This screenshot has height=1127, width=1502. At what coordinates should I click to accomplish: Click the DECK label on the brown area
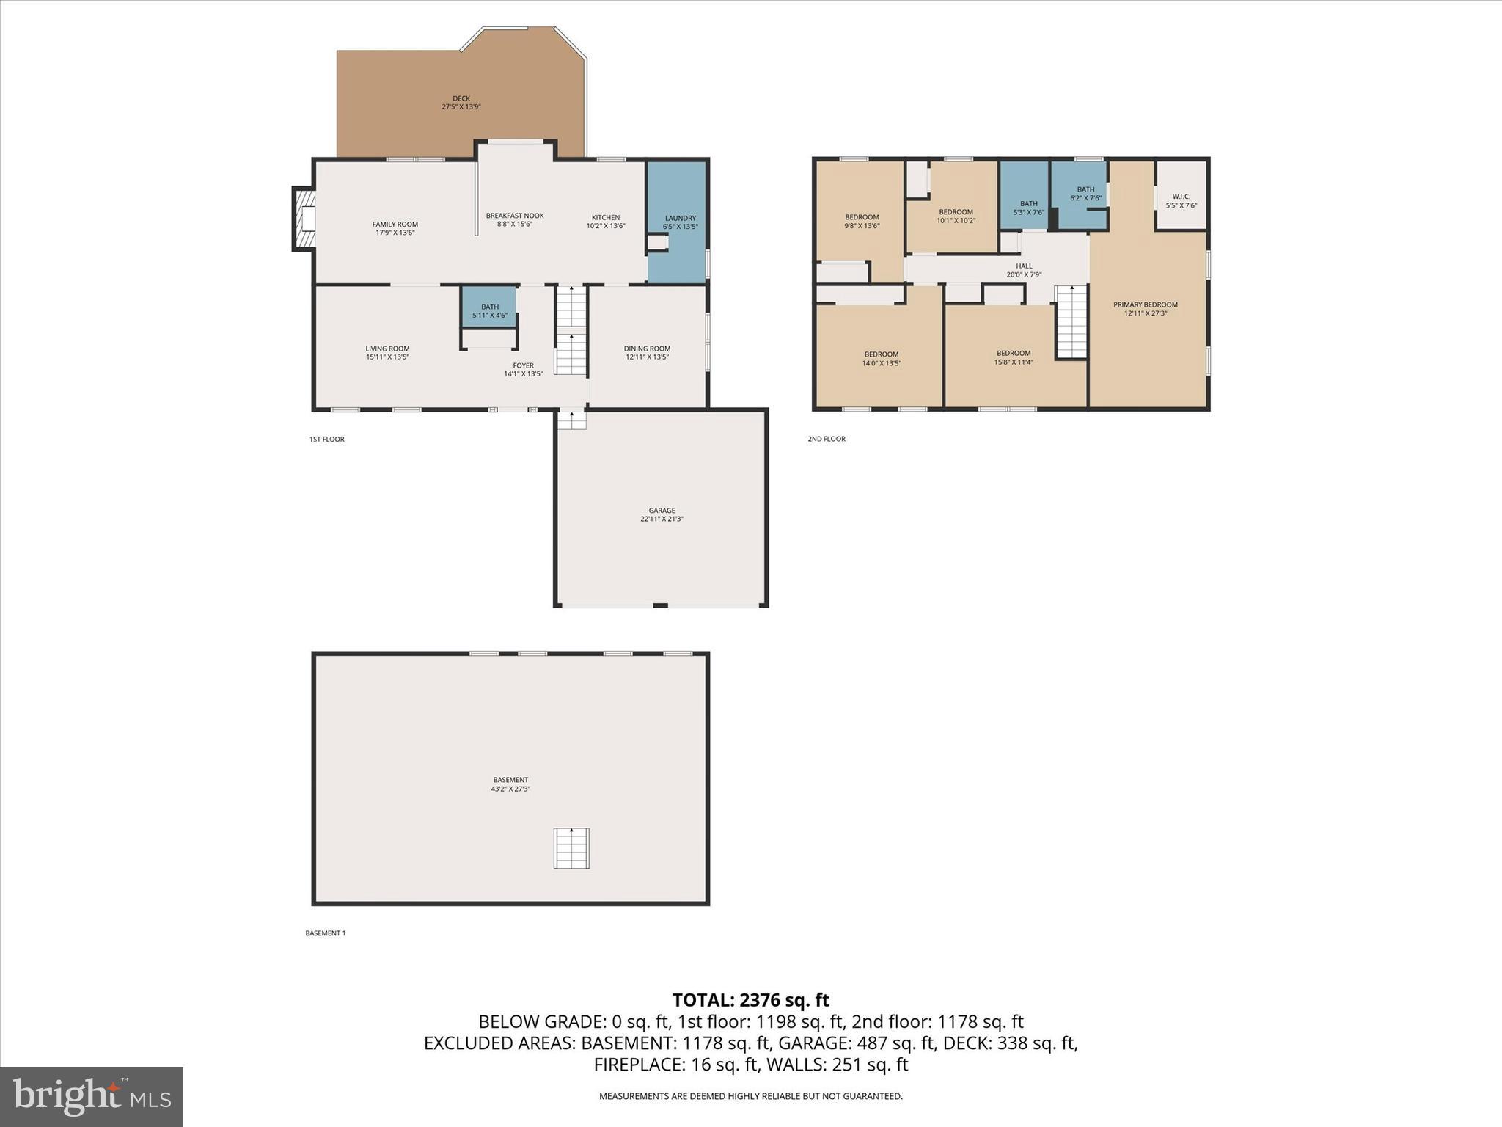(461, 98)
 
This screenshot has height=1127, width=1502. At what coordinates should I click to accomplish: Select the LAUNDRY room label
(680, 218)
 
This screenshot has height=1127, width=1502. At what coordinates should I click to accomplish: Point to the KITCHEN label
(606, 217)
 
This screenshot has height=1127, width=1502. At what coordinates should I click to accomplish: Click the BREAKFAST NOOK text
(514, 216)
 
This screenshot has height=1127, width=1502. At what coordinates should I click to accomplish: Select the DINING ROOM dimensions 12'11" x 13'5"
(647, 357)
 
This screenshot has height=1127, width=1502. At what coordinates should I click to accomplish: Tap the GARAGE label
(662, 511)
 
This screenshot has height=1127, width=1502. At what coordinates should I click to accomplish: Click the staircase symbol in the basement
(571, 848)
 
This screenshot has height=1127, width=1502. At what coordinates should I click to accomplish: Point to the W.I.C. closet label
(1181, 197)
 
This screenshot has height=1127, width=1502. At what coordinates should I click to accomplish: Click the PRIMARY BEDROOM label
(1145, 304)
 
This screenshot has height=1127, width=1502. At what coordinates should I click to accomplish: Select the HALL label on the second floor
(1024, 266)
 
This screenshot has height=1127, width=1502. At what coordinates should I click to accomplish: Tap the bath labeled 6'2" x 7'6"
(1085, 194)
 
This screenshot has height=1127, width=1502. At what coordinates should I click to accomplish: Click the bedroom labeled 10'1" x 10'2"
(956, 216)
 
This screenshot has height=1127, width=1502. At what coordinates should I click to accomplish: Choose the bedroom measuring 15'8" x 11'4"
(1014, 357)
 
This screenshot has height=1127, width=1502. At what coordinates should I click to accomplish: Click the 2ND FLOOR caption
(827, 439)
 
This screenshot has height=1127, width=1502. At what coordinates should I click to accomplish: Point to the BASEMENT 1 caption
(325, 933)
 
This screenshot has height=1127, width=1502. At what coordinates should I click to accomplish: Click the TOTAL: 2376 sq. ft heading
(750, 1000)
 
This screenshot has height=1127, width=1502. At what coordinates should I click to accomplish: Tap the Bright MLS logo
(92, 1096)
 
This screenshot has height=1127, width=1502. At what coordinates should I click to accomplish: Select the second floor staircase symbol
(1071, 322)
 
